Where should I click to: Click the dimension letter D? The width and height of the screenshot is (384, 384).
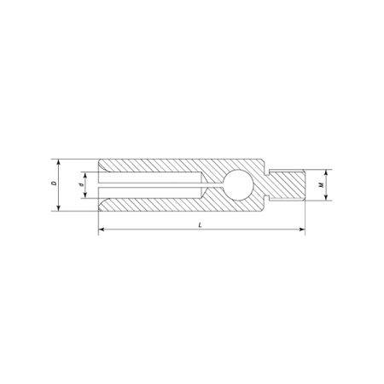click(53, 183)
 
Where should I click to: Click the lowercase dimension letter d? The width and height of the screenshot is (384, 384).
click(82, 185)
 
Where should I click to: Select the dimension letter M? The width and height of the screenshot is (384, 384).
click(322, 185)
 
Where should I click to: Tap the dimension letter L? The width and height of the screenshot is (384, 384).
click(200, 225)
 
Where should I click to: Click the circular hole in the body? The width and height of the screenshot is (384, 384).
click(238, 185)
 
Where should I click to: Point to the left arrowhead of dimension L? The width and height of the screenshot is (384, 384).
click(102, 230)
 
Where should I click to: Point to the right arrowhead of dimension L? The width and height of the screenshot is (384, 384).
click(302, 230)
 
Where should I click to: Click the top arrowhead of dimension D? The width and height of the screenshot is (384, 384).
click(59, 162)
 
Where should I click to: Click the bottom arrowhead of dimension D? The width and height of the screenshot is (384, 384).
click(59, 208)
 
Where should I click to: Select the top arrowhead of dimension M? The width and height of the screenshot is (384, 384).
click(326, 173)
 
